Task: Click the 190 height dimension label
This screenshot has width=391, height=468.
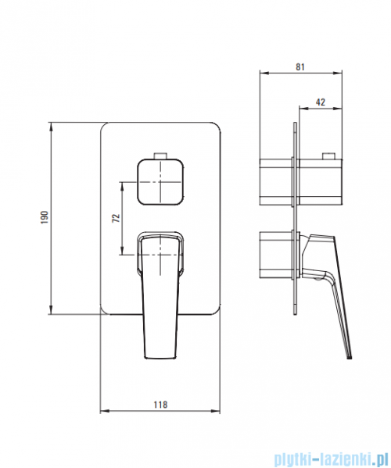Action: pos(45,217)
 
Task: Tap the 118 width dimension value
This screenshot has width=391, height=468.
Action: pos(160,405)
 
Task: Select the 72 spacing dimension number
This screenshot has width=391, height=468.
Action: pos(116,218)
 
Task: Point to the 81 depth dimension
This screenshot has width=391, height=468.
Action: pos(300,67)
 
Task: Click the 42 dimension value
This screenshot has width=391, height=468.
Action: pos(320,102)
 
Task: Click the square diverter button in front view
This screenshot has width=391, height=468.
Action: pos(160,182)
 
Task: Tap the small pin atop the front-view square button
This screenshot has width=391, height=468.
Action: pos(160,155)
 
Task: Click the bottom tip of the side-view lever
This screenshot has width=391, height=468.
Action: pos(349,357)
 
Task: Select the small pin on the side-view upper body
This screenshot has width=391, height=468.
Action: pos(328,156)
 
